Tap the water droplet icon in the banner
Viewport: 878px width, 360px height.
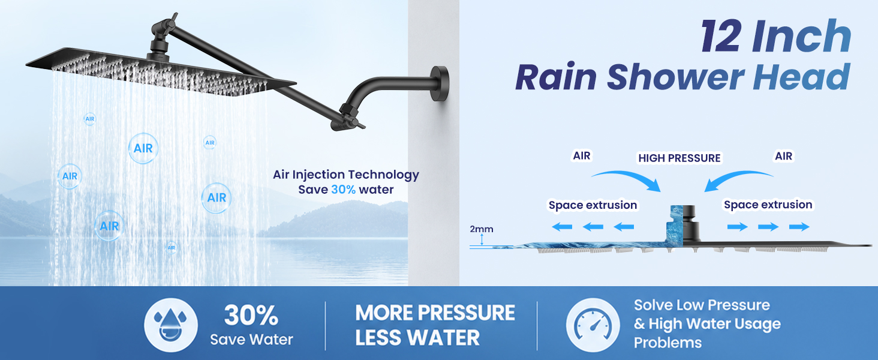tap(170, 325)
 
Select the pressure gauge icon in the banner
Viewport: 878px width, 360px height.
tap(593, 325)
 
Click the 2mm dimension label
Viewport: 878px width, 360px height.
tap(482, 229)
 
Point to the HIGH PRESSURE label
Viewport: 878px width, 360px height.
tap(679, 158)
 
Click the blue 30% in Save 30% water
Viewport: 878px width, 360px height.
tap(344, 190)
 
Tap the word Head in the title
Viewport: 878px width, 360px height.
tap(801, 77)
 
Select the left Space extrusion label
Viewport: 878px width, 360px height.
tap(593, 205)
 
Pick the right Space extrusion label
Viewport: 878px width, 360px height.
tap(768, 205)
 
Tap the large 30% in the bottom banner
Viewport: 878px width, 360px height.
tap(251, 315)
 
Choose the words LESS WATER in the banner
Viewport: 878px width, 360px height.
tap(417, 338)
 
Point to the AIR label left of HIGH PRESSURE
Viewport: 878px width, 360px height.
tap(581, 155)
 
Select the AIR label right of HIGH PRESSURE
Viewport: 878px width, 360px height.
tap(783, 156)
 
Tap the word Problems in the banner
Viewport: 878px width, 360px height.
tap(667, 343)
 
